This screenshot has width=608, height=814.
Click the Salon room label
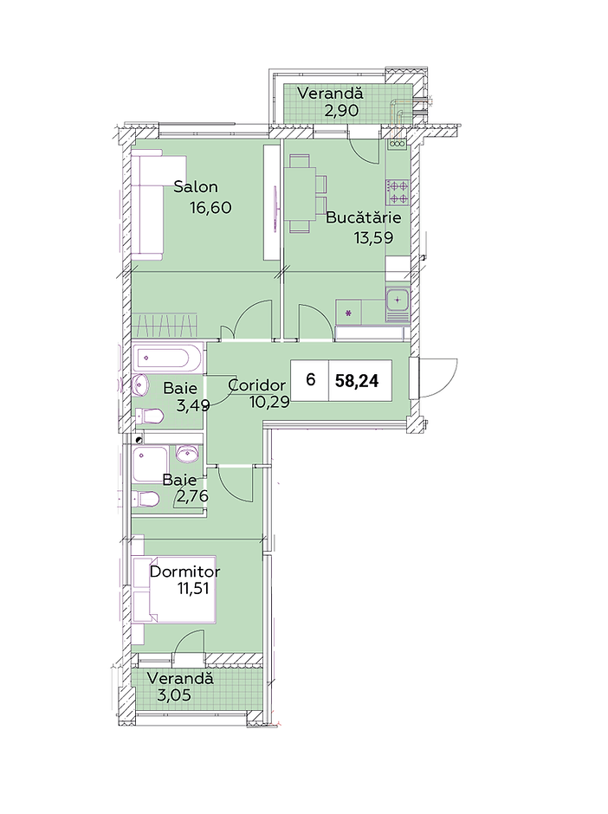tap(195, 187)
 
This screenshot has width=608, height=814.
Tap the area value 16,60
tap(210, 208)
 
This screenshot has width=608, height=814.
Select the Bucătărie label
tap(364, 217)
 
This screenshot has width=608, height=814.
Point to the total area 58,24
tap(357, 381)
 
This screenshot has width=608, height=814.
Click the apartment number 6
tap(310, 380)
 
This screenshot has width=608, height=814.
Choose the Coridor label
tap(257, 385)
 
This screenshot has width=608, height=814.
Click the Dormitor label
tap(184, 572)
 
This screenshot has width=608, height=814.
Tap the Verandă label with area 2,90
tap(330, 94)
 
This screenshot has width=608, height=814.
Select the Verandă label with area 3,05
tap(180, 679)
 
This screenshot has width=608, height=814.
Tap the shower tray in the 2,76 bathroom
tap(151, 463)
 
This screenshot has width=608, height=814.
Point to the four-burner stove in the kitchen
tap(398, 192)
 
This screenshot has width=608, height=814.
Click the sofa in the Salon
tap(147, 205)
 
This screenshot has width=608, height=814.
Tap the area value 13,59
tap(373, 238)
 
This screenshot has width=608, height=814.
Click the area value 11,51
tap(196, 589)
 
